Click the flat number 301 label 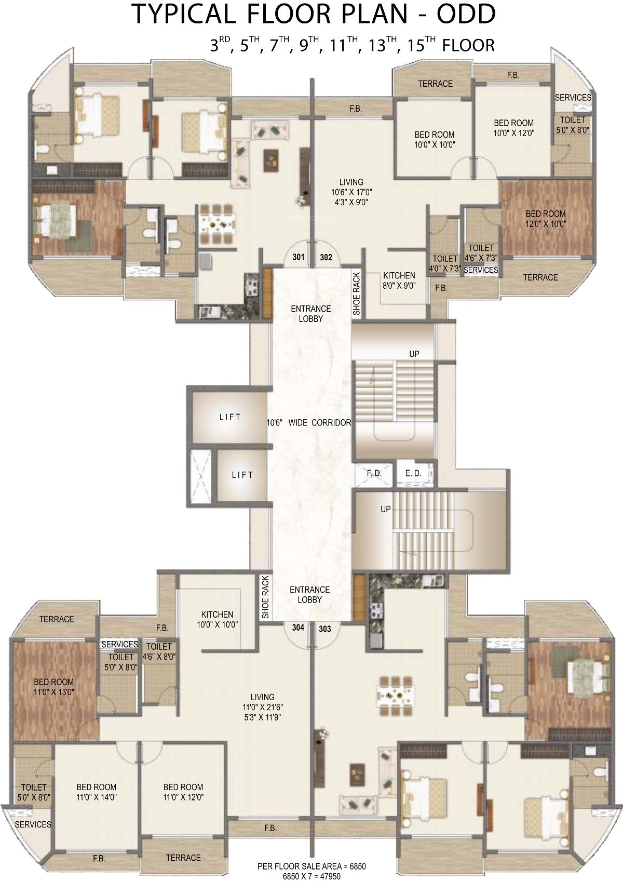[299, 257]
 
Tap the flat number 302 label [326, 257]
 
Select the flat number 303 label [324, 629]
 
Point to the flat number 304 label [298, 628]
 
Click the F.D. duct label [374, 474]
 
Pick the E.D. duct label [413, 474]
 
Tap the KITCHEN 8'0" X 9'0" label [399, 281]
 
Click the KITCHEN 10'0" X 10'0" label [217, 619]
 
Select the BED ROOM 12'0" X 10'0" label [546, 219]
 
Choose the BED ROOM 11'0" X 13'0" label [54, 687]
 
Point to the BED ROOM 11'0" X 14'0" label [96, 792]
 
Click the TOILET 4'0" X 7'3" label [445, 263]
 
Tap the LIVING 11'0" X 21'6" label [262, 707]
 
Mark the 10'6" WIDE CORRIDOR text [308, 423]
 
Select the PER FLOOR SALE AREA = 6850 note [311, 866]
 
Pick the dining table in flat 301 [218, 224]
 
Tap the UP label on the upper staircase [414, 354]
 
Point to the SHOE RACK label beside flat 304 [265, 597]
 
